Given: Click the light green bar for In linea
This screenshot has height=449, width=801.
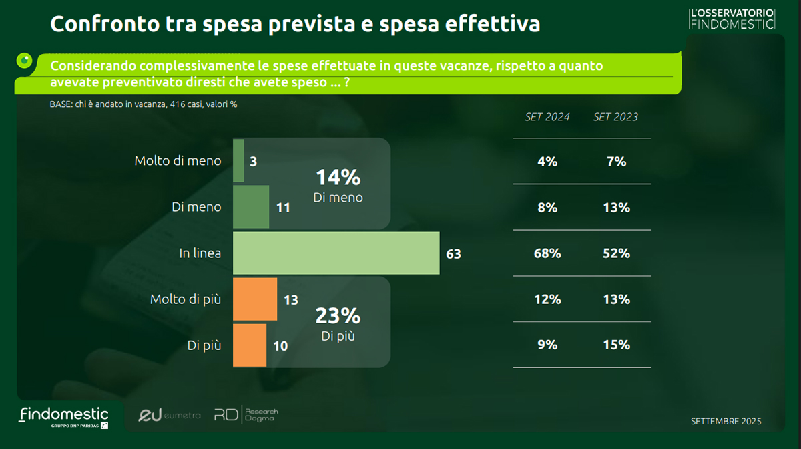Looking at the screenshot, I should pyautogui.click(x=336, y=253).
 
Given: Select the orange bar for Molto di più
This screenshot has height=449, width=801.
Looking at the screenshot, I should pyautogui.click(x=255, y=299).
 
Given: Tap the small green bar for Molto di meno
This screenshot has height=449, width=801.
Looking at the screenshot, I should pyautogui.click(x=238, y=161).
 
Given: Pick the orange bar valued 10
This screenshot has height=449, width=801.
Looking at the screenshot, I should pyautogui.click(x=250, y=345).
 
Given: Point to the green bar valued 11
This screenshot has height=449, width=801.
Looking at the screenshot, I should pyautogui.click(x=251, y=207).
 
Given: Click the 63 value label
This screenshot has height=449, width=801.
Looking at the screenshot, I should pyautogui.click(x=454, y=254).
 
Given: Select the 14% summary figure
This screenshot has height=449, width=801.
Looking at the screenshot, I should pyautogui.click(x=338, y=178).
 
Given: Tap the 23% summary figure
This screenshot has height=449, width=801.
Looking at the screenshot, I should pyautogui.click(x=338, y=315).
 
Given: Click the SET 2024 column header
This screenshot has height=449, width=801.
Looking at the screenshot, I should pyautogui.click(x=547, y=117).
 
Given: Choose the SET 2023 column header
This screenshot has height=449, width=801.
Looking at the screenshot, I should pyautogui.click(x=615, y=117).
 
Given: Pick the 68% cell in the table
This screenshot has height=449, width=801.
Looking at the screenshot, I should pyautogui.click(x=547, y=254).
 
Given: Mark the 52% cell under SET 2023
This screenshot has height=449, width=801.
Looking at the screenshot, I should pyautogui.click(x=616, y=254).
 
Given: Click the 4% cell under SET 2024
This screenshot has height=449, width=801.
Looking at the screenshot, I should pyautogui.click(x=547, y=162).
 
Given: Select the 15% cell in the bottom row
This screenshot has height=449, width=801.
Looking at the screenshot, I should pyautogui.click(x=616, y=345).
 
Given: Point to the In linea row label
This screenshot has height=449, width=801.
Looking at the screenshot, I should pyautogui.click(x=200, y=254).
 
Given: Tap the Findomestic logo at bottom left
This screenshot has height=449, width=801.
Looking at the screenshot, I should pyautogui.click(x=63, y=416).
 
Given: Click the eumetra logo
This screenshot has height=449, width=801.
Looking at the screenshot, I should pyautogui.click(x=169, y=416).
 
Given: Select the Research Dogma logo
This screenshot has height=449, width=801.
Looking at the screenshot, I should pyautogui.click(x=246, y=415).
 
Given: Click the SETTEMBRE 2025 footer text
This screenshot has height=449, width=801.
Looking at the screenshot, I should pyautogui.click(x=726, y=422).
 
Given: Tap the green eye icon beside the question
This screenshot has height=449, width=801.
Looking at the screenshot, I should pyautogui.click(x=25, y=61).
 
